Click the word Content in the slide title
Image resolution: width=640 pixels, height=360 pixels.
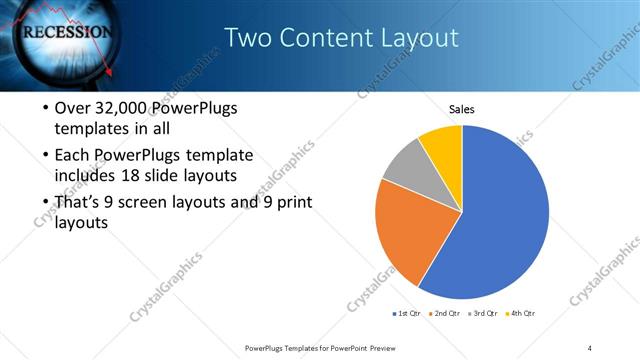click(x=322, y=38)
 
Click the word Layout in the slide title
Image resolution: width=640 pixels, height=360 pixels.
click(x=418, y=38)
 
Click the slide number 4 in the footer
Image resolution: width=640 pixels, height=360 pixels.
click(x=590, y=347)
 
